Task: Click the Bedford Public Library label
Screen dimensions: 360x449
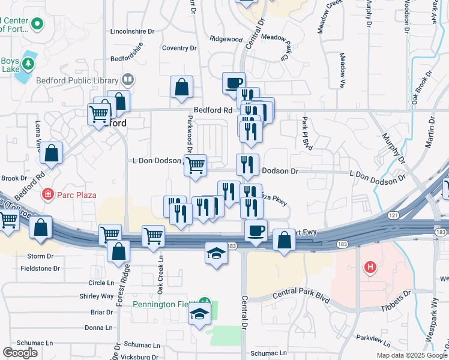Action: (78, 80)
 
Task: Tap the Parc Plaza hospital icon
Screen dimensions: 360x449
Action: (47, 194)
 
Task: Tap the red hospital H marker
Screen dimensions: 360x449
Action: (370, 267)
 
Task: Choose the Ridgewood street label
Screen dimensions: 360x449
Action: (226, 39)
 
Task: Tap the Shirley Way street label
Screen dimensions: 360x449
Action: (97, 296)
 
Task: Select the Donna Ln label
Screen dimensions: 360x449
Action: (98, 328)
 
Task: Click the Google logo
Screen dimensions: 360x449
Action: (20, 353)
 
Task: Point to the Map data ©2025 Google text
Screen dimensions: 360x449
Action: (411, 355)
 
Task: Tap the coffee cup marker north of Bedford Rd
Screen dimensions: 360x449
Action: (234, 83)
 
